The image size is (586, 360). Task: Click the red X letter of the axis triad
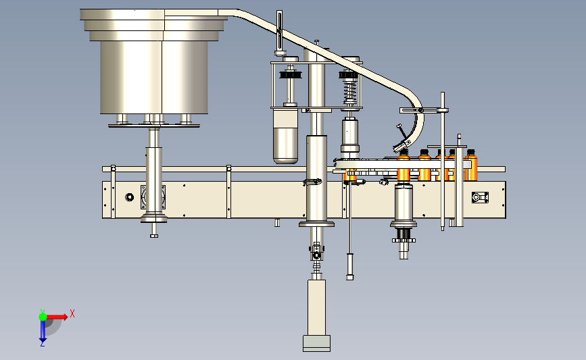click(x=72, y=313)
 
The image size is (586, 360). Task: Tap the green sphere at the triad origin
click(x=43, y=317)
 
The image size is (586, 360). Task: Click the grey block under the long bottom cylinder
click(x=316, y=343)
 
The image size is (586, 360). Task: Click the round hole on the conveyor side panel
click(x=129, y=197)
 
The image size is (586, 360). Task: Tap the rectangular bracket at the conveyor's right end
click(x=480, y=197)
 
